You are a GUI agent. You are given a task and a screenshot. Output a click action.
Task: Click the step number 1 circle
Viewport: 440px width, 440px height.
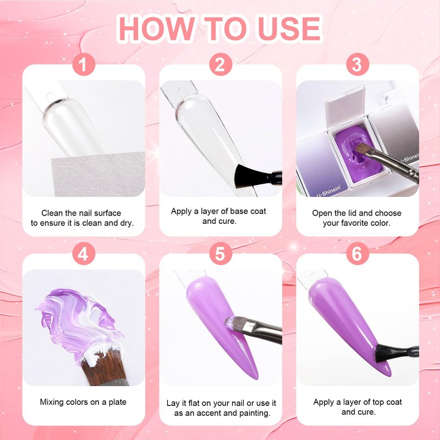(84, 64)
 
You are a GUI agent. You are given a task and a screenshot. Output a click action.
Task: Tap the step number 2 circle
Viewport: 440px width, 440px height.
(221, 64)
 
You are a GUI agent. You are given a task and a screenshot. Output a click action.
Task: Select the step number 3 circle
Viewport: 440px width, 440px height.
(357, 64)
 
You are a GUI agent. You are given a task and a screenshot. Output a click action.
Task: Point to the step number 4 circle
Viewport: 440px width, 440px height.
(84, 254)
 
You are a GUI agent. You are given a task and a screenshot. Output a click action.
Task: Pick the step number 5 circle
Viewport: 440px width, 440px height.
(221, 254)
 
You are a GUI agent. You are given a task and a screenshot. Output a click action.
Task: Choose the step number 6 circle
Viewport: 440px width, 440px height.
(357, 254)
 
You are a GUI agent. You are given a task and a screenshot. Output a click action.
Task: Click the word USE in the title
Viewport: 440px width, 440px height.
(289, 29)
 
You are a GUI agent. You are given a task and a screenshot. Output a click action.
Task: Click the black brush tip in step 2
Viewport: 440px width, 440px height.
(245, 176)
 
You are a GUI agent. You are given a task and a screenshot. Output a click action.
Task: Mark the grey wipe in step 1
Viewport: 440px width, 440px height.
(98, 174)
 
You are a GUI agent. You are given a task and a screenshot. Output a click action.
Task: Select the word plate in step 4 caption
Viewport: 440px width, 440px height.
(117, 403)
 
